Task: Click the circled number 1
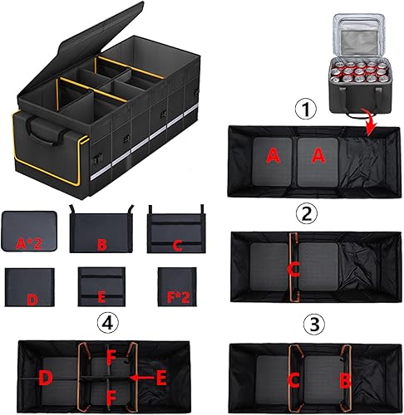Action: click(x=309, y=110)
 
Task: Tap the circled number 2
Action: click(x=309, y=214)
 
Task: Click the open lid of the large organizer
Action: click(x=83, y=33)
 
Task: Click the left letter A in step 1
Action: click(x=273, y=154)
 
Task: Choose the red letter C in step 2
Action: click(x=293, y=267)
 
